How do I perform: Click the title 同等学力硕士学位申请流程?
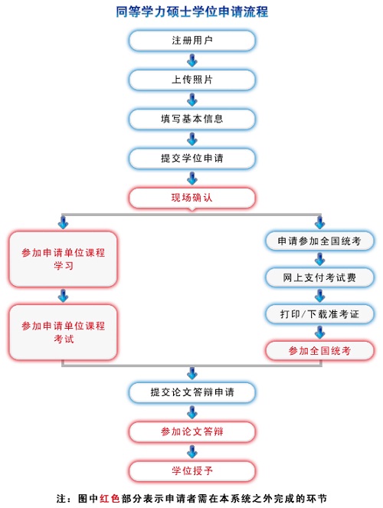pos(192,11)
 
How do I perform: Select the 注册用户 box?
pos(192,41)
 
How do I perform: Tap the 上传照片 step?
pos(192,80)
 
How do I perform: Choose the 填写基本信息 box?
pos(192,119)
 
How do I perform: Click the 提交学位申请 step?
pos(192,159)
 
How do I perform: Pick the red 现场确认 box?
pos(192,198)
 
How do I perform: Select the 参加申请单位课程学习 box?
pos(63,259)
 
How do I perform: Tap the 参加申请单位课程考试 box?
pos(63,332)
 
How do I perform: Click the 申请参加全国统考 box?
pos(319,241)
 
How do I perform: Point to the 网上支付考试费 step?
pos(319,277)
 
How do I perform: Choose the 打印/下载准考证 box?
pos(319,314)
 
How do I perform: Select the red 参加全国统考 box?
pos(319,351)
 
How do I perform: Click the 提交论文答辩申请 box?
pos(192,392)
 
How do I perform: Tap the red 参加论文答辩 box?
pos(192,431)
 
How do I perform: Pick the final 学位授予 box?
pos(192,470)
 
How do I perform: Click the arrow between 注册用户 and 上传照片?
pos(192,61)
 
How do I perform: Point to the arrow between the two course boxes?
pos(63,296)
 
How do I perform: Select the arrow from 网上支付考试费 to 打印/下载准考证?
pos(320,296)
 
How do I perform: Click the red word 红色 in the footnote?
pos(110,498)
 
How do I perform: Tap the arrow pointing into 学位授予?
pos(192,451)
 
